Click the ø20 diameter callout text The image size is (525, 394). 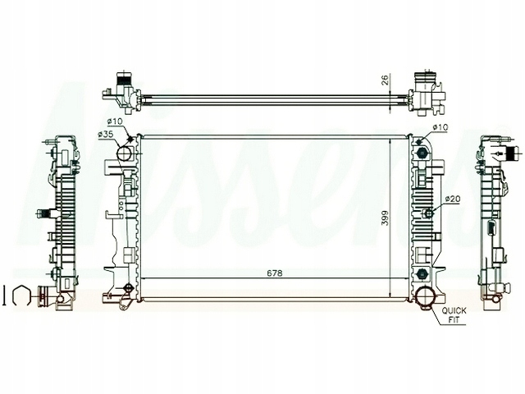tap(451, 199)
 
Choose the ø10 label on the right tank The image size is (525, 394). tap(441, 126)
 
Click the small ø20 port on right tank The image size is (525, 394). tap(427, 213)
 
